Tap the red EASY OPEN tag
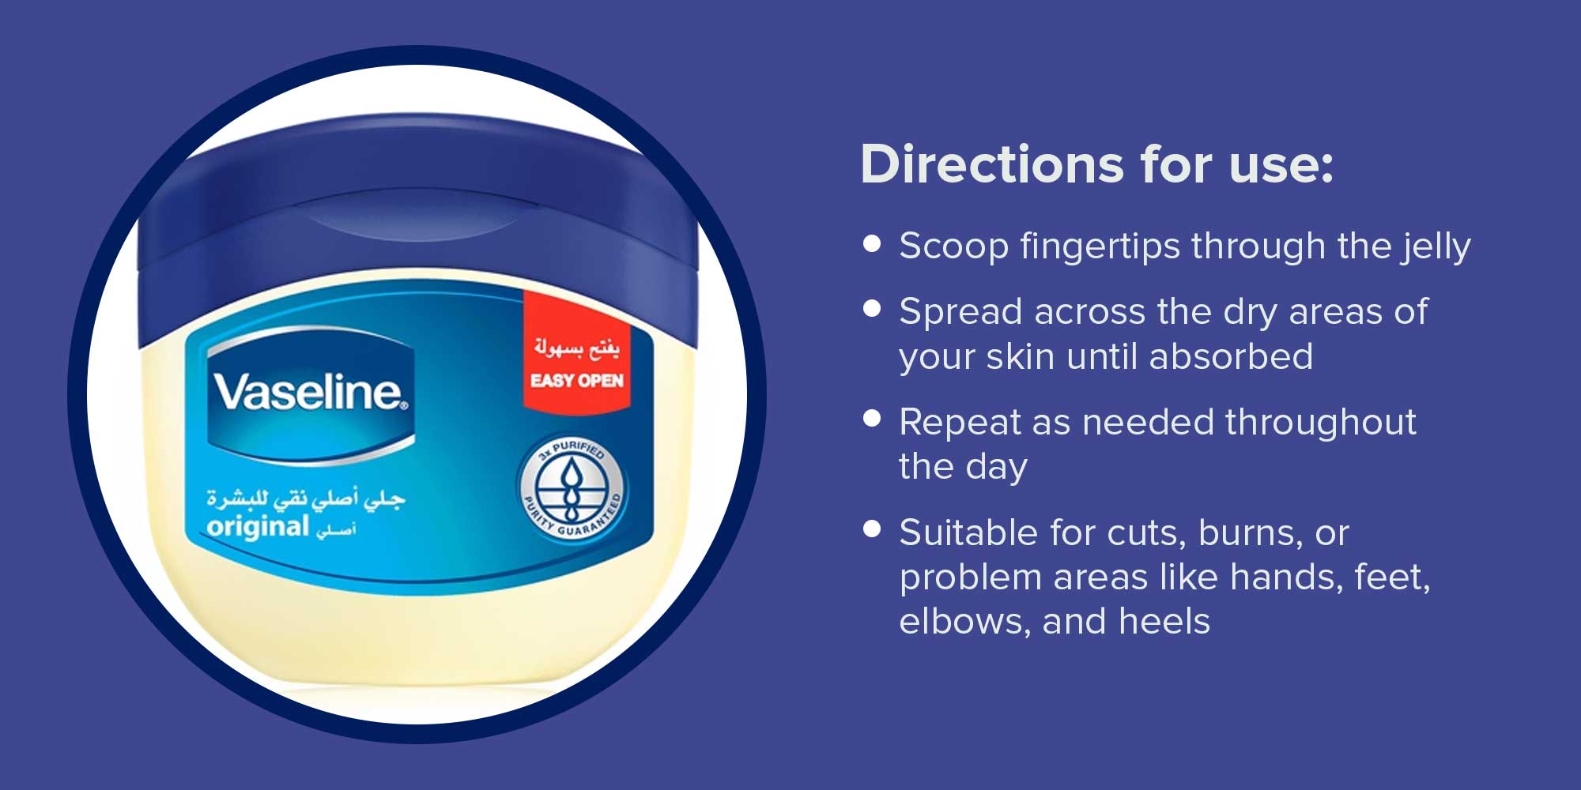coord(577,350)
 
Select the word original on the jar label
coord(258,527)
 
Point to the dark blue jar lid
coord(419,229)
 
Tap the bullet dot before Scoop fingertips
coord(872,243)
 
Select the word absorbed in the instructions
coord(1231,356)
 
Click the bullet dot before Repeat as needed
coord(872,418)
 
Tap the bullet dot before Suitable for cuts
coord(872,529)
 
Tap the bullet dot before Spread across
coord(872,308)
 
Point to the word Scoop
coord(954,247)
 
